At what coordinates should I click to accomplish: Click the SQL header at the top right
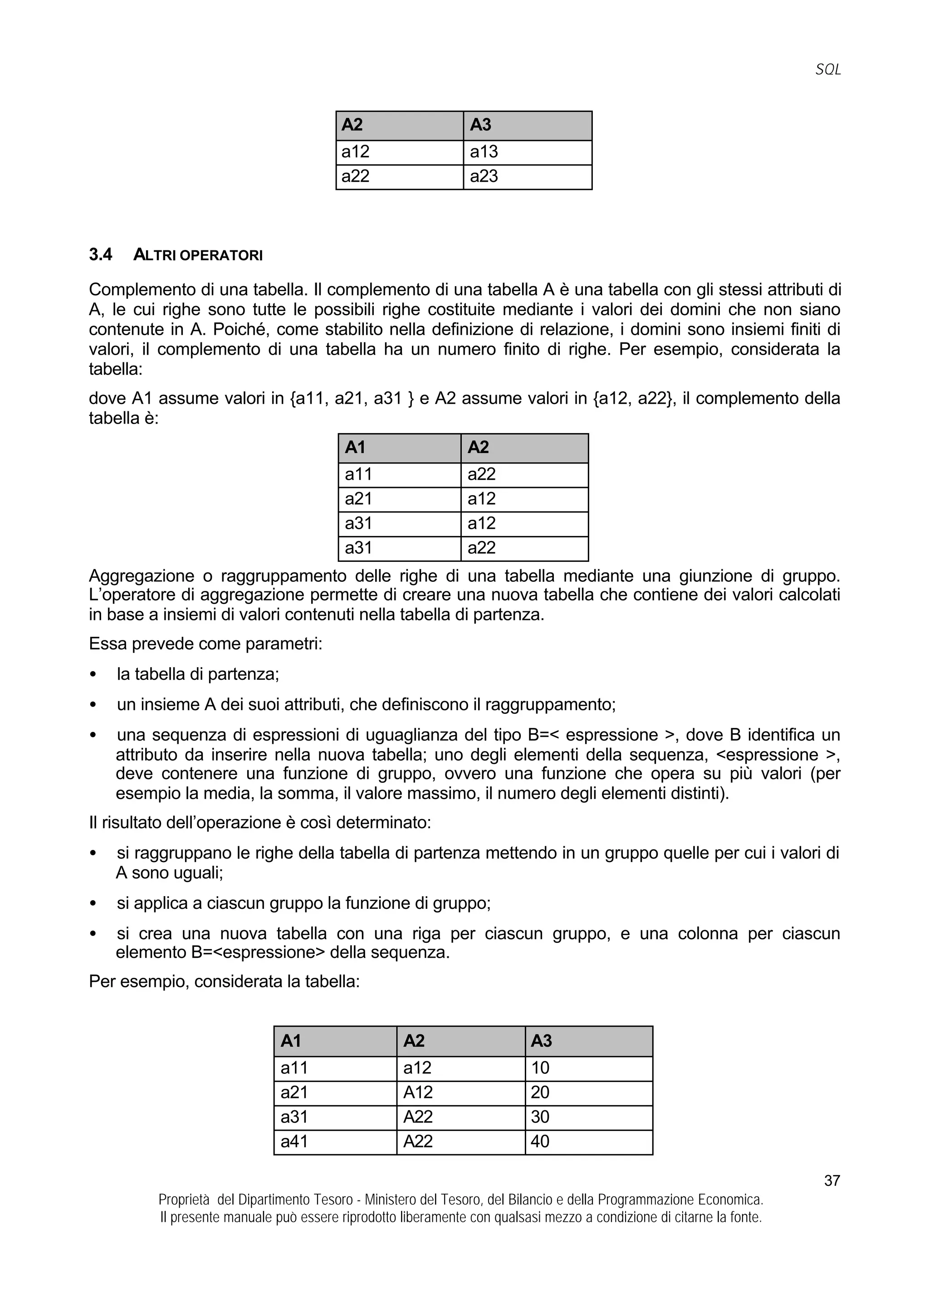click(x=828, y=70)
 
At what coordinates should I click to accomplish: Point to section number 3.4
click(x=101, y=255)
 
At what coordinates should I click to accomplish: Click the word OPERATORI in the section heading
click(x=221, y=256)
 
